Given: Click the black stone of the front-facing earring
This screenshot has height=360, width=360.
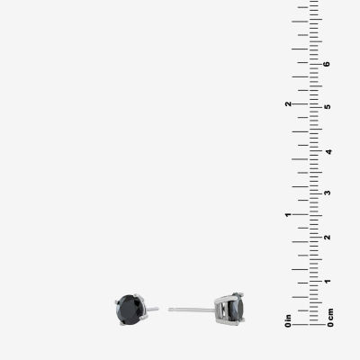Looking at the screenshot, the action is pyautogui.click(x=130, y=310).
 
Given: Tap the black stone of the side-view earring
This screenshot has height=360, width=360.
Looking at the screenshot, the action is pyautogui.click(x=236, y=308).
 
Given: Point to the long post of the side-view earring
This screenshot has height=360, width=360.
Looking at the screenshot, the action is pyautogui.click(x=192, y=310).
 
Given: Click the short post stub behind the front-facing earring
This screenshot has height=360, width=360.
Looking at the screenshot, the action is pyautogui.click(x=152, y=309).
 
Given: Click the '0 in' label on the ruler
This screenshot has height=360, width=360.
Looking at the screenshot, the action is pyautogui.click(x=288, y=320).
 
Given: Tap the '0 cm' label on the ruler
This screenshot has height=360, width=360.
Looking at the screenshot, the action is pyautogui.click(x=330, y=318).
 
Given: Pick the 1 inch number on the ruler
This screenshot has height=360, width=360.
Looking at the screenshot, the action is pyautogui.click(x=288, y=215).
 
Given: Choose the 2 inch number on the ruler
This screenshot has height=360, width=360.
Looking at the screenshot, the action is pyautogui.click(x=288, y=103).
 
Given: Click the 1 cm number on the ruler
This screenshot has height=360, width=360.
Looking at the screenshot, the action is pyautogui.click(x=328, y=281).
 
